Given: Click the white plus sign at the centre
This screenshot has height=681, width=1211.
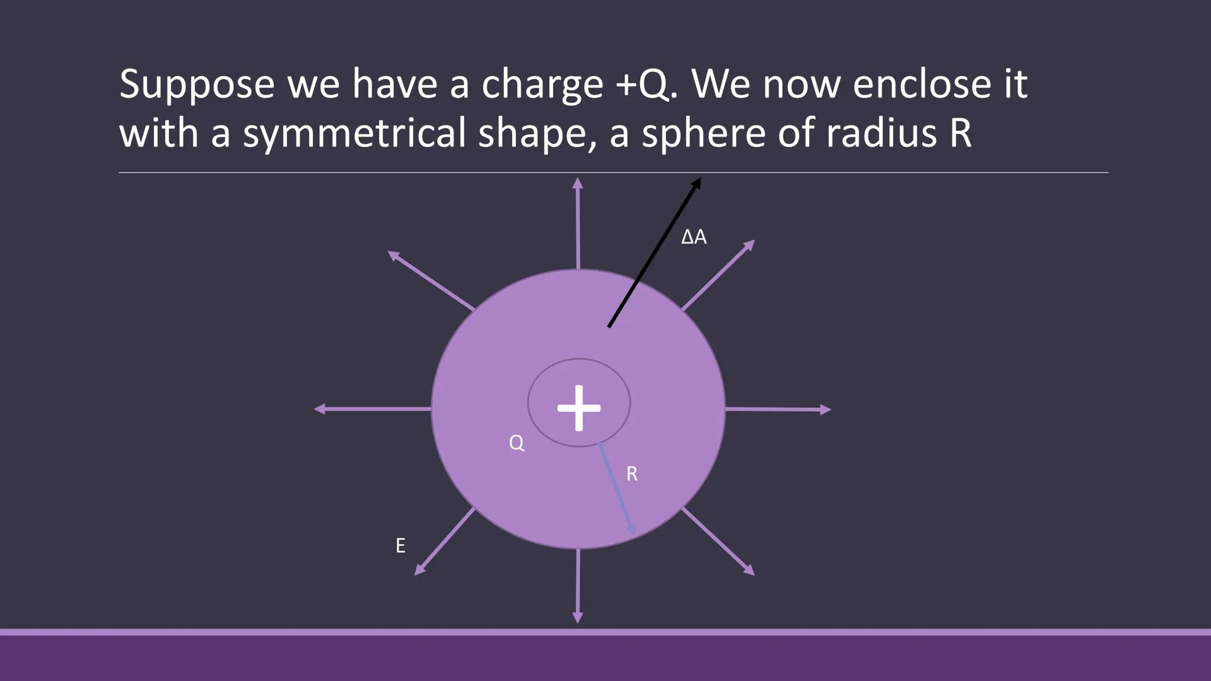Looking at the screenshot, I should tap(579, 408).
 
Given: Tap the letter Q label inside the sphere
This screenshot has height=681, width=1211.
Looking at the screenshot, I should tap(517, 443).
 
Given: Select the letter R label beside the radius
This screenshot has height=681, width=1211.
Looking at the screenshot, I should tap(632, 474).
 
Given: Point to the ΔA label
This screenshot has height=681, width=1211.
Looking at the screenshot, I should tap(694, 237).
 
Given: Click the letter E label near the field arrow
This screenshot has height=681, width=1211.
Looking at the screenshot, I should tap(401, 545).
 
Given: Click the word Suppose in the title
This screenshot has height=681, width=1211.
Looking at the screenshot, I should tap(196, 84).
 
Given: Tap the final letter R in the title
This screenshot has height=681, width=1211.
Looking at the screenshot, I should tap(960, 134).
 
